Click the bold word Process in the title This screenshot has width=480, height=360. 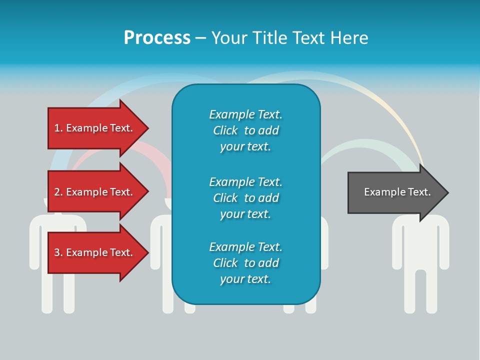coord(157,38)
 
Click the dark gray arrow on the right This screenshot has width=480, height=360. coord(395,192)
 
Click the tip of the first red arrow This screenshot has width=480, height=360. coord(147,128)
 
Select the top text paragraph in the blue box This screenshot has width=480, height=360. coord(245,130)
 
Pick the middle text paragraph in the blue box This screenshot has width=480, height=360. coord(245,198)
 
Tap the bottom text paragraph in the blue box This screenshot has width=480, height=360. coord(245,263)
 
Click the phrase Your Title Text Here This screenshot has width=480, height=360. coord(289,38)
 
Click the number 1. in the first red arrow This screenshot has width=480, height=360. coord(58,128)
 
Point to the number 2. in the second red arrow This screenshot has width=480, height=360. coord(58,192)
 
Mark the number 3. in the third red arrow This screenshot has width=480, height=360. coord(58,252)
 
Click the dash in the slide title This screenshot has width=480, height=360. coord(200,38)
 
